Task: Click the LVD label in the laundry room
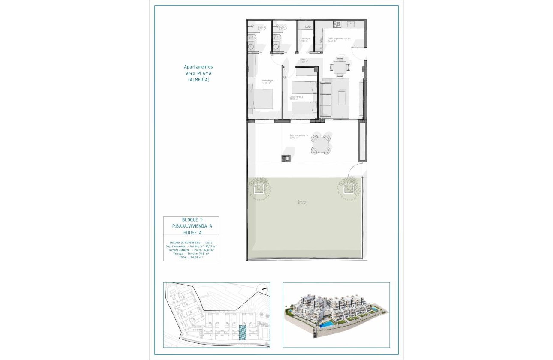click(x=307, y=27)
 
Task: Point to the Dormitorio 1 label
click(x=269, y=81)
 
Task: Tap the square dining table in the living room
click(x=340, y=67)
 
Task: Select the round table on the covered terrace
click(x=321, y=144)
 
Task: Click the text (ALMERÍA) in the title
click(x=198, y=80)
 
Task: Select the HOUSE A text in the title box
click(x=191, y=232)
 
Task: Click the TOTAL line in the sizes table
click(x=191, y=258)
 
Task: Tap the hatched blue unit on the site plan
click(x=242, y=332)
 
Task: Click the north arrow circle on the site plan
click(x=262, y=290)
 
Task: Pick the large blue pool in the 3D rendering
click(x=328, y=325)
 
